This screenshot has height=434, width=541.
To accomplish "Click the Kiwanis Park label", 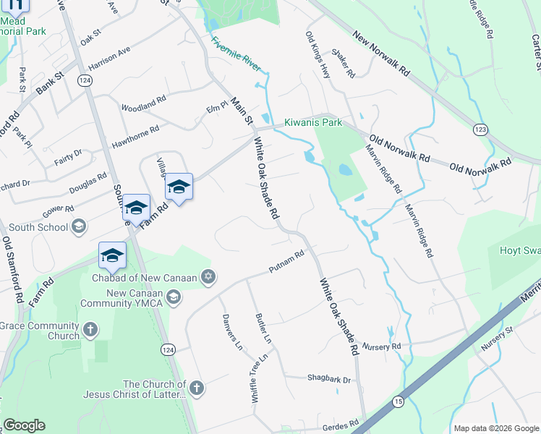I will click(x=312, y=122).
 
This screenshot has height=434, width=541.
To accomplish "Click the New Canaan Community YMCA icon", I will click(x=174, y=297).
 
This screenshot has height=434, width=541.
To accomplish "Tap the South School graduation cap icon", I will click(x=79, y=227).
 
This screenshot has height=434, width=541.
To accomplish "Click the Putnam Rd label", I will click(x=284, y=261).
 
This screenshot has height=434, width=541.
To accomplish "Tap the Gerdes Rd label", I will click(x=344, y=423).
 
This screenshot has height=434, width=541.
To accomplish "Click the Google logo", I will click(x=24, y=425).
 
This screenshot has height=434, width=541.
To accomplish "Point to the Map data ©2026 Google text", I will click(x=495, y=427).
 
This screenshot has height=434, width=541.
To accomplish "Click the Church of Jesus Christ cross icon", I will click(x=197, y=388).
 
